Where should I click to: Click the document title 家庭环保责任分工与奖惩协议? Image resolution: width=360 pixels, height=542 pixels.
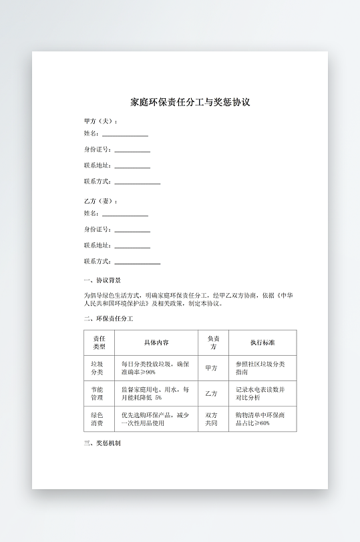(x=190, y=103)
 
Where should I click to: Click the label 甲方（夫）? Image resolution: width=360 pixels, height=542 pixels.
(x=101, y=121)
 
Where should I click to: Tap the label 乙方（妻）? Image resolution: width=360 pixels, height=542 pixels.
(x=101, y=201)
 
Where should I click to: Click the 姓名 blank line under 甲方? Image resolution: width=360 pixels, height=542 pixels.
(x=125, y=135)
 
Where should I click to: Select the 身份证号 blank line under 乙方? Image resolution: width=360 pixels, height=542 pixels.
(x=132, y=231)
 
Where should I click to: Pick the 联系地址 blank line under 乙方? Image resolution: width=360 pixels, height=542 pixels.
(x=132, y=247)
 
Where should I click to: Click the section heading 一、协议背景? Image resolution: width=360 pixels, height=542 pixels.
(x=102, y=281)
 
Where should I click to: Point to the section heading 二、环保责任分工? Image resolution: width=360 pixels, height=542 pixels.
(x=109, y=319)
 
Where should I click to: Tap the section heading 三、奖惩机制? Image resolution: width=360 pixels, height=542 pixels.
(x=102, y=443)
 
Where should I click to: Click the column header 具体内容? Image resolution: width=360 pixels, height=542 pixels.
(x=156, y=342)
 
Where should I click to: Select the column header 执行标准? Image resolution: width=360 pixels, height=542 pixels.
(x=262, y=342)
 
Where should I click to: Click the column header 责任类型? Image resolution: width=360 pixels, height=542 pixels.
(x=99, y=342)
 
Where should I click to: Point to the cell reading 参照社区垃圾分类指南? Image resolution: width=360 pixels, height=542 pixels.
(x=260, y=368)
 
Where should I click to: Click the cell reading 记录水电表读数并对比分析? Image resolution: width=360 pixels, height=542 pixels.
(x=260, y=393)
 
